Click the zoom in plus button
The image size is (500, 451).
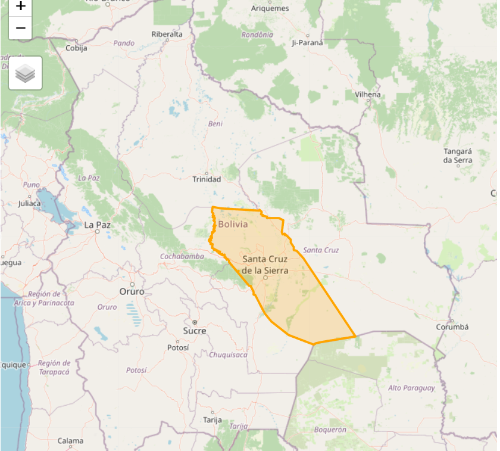click(x=20, y=7)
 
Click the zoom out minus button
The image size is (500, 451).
click(x=20, y=28)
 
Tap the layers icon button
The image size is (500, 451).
click(x=25, y=73)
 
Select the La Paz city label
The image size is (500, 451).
click(x=98, y=225)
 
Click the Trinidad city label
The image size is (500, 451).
click(x=207, y=179)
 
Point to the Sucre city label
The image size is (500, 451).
click(x=195, y=331)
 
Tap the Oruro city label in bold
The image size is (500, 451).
click(x=132, y=292)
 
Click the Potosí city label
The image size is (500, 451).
click(x=178, y=347)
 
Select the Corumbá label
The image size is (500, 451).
click(x=452, y=327)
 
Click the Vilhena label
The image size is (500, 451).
click(x=368, y=95)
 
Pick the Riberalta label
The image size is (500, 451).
click(x=167, y=35)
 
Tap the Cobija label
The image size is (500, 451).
click(x=76, y=48)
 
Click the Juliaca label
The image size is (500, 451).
click(x=30, y=203)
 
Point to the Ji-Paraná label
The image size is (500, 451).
click(x=307, y=43)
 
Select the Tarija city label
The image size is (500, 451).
click(x=212, y=419)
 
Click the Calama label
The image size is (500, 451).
click(x=70, y=441)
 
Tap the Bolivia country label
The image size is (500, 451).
click(x=233, y=225)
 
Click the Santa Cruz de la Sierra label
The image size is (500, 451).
click(x=265, y=265)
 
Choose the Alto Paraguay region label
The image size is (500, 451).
click(x=411, y=388)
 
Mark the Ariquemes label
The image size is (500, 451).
click(x=270, y=8)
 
